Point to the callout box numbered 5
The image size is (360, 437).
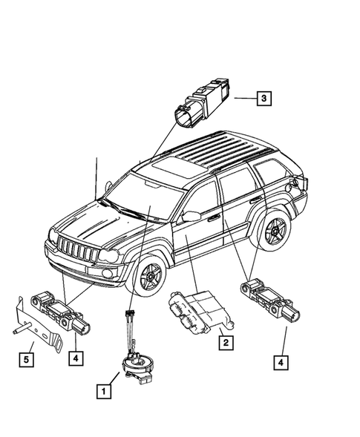[x=26, y=361]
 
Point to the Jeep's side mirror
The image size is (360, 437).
[x=190, y=217]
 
